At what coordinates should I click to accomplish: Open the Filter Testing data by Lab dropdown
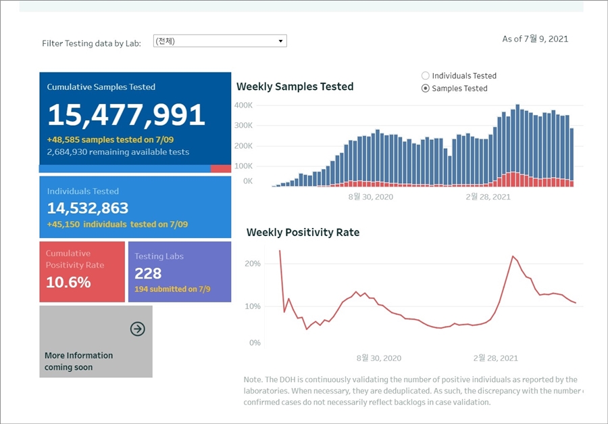[220, 41]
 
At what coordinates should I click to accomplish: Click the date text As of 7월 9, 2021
[535, 39]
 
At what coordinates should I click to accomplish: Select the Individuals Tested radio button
[426, 76]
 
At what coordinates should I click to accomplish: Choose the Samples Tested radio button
[426, 89]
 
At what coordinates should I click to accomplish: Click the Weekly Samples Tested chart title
[295, 87]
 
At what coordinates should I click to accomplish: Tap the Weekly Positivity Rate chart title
[303, 233]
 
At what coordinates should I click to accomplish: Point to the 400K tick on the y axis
[243, 105]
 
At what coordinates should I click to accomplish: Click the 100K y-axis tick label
[243, 166]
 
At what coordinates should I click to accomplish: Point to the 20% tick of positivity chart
[252, 264]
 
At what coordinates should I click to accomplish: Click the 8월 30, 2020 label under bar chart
[370, 197]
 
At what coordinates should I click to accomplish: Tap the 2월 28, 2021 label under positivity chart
[496, 358]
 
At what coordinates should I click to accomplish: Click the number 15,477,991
[126, 116]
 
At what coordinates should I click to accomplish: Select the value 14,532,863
[88, 208]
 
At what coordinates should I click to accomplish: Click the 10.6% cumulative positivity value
[68, 282]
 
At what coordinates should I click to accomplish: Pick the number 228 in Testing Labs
[148, 273]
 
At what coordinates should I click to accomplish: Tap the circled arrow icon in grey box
[138, 329]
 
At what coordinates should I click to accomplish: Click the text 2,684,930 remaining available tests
[118, 152]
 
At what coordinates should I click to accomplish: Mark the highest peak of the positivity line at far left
[280, 251]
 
